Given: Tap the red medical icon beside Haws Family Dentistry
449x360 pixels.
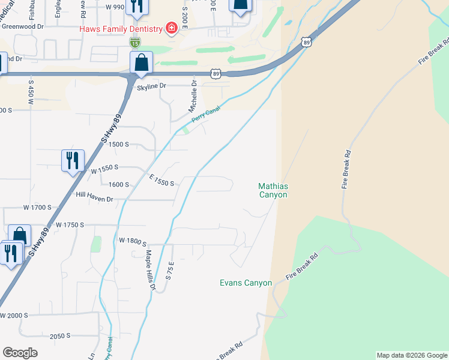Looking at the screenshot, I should (x=171, y=29).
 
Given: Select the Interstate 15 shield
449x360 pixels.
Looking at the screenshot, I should (x=134, y=43).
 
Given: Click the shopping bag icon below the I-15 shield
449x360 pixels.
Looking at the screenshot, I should (x=141, y=62).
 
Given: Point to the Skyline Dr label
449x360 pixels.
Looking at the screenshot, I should (x=151, y=86).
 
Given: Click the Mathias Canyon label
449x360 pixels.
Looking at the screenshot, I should (x=273, y=190).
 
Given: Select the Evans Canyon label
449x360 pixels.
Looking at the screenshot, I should (x=246, y=283).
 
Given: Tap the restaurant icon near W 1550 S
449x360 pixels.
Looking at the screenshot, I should (x=73, y=160).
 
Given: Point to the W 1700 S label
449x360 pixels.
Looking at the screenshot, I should (x=37, y=208).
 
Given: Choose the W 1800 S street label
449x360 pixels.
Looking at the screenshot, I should (x=133, y=241).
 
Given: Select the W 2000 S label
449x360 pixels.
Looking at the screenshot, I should (x=14, y=316).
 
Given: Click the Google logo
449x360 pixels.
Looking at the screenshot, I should (x=20, y=353).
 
